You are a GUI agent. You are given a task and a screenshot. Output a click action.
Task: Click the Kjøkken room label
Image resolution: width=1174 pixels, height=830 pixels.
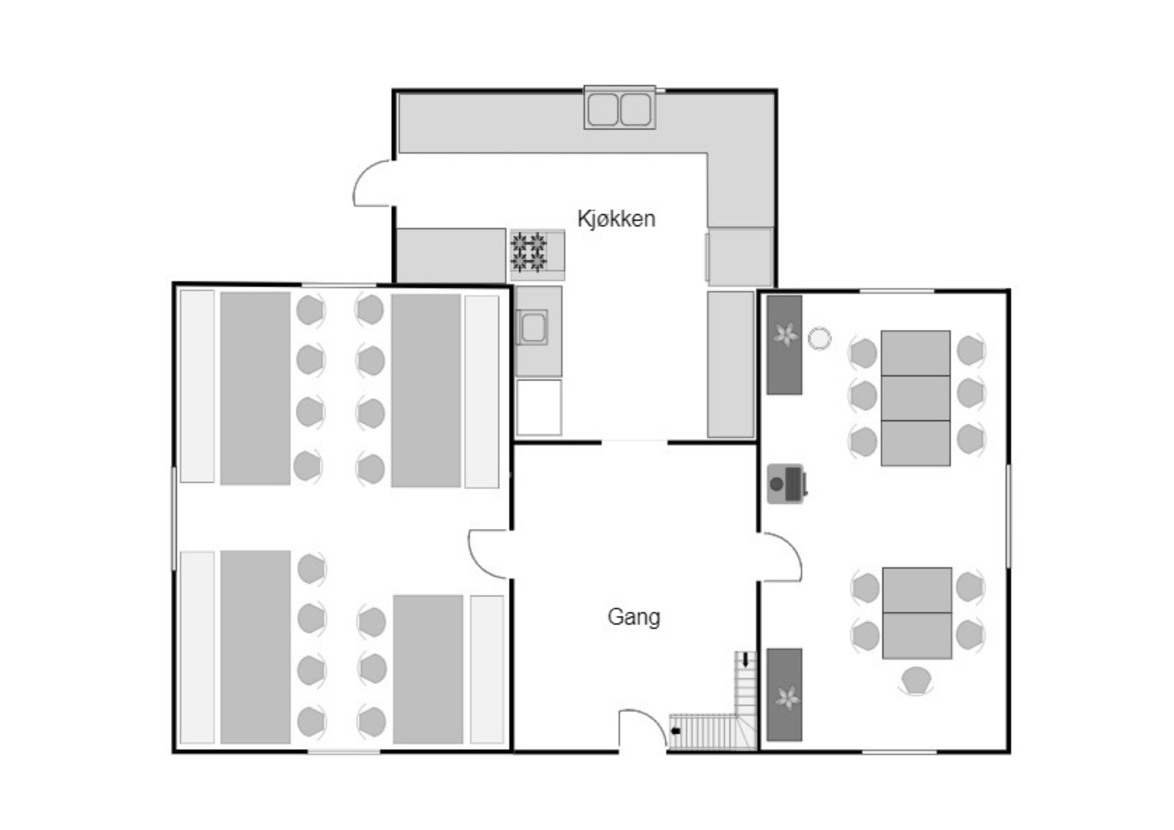pyautogui.click(x=616, y=219)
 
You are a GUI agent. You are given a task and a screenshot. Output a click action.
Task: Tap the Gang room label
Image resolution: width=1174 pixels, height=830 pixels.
pyautogui.click(x=633, y=617)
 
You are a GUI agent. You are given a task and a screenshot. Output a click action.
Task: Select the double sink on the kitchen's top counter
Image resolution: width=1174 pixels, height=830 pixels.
pyautogui.click(x=619, y=108)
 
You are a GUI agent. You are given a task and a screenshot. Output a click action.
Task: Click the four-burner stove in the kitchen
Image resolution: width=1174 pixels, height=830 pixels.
pyautogui.click(x=529, y=252)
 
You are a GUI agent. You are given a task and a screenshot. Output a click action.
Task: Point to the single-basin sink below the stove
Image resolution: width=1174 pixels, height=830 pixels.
pyautogui.click(x=532, y=328)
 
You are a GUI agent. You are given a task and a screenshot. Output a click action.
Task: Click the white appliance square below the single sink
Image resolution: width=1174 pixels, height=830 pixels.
pyautogui.click(x=539, y=407)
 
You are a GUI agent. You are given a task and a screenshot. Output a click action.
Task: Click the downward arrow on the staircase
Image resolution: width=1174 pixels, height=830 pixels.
pyautogui.click(x=745, y=660)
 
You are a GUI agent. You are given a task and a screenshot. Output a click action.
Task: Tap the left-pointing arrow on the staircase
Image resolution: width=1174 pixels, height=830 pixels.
pyautogui.click(x=676, y=731)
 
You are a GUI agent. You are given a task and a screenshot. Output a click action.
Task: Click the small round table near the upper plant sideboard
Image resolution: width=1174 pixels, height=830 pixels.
pyautogui.click(x=819, y=339)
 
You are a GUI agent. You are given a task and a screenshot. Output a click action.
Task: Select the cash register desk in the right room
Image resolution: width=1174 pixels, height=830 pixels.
pyautogui.click(x=787, y=484)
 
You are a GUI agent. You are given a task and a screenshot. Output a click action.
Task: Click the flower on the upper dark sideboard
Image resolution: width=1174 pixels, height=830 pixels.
pyautogui.click(x=785, y=335)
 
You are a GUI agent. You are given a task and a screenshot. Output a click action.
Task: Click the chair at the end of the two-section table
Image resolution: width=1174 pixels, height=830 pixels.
pyautogui.click(x=916, y=681)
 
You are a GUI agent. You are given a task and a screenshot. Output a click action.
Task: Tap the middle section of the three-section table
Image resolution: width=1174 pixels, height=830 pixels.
pyautogui.click(x=916, y=398)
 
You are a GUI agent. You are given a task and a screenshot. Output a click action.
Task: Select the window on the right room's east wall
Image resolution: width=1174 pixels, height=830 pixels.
pyautogui.click(x=1008, y=516)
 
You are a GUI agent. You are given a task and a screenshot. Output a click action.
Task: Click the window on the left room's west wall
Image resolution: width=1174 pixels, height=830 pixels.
pyautogui.click(x=174, y=518)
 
